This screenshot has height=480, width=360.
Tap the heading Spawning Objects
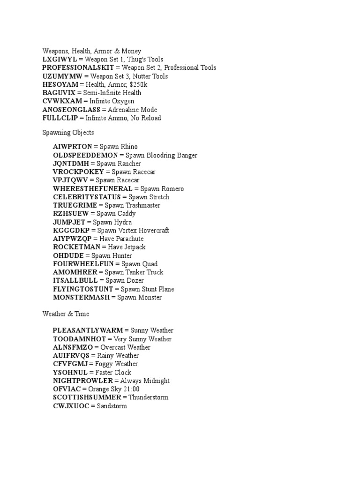(68, 133)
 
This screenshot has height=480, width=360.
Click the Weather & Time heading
(66, 314)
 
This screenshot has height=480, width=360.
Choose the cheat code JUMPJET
(69, 222)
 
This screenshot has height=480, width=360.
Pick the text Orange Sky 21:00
(114, 389)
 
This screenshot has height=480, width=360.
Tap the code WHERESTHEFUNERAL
(93, 189)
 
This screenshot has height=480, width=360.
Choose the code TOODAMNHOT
(80, 339)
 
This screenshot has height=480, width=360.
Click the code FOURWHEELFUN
(84, 264)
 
